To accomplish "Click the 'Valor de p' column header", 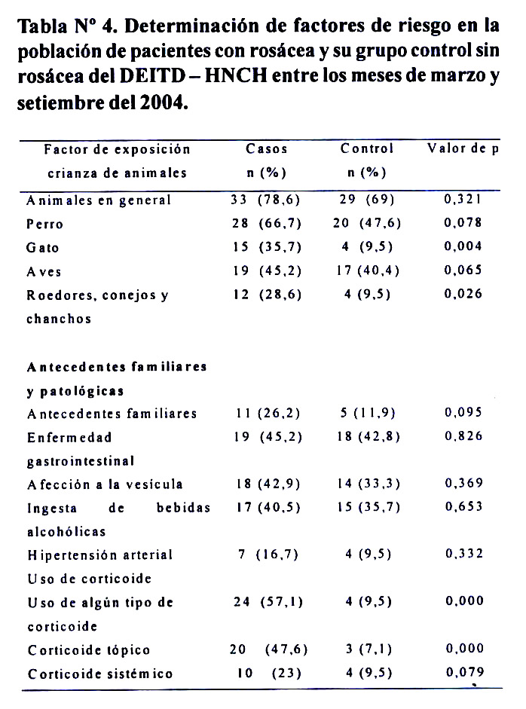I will (463, 148).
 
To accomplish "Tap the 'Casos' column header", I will (267, 148).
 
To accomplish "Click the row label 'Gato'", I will (42, 248).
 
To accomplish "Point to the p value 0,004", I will (463, 246).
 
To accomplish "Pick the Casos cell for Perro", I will (267, 224).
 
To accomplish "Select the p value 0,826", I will (463, 436).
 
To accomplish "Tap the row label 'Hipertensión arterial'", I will (99, 555).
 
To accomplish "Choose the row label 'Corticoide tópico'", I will (88, 650).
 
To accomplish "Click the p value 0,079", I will (463, 672).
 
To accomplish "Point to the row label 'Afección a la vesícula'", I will (105, 484).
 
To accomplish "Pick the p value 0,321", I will (463, 200).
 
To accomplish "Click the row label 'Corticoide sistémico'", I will (99, 674).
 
